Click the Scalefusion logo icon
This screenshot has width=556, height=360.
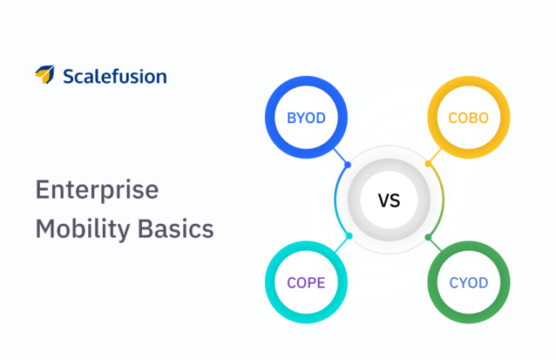point(44,75)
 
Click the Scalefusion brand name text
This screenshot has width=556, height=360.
point(114,76)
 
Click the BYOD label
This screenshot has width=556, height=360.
point(306,118)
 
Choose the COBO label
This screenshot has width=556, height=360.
point(468,118)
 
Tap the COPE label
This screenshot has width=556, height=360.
point(306,282)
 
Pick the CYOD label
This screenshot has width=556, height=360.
point(468,282)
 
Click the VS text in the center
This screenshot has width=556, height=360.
point(389,201)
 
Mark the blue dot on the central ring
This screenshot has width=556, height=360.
point(348,165)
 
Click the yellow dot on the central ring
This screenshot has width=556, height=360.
point(429,164)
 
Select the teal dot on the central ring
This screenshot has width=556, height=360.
point(349,236)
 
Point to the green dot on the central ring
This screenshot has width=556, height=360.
point(429,237)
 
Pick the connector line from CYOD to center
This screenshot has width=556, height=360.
point(436,246)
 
